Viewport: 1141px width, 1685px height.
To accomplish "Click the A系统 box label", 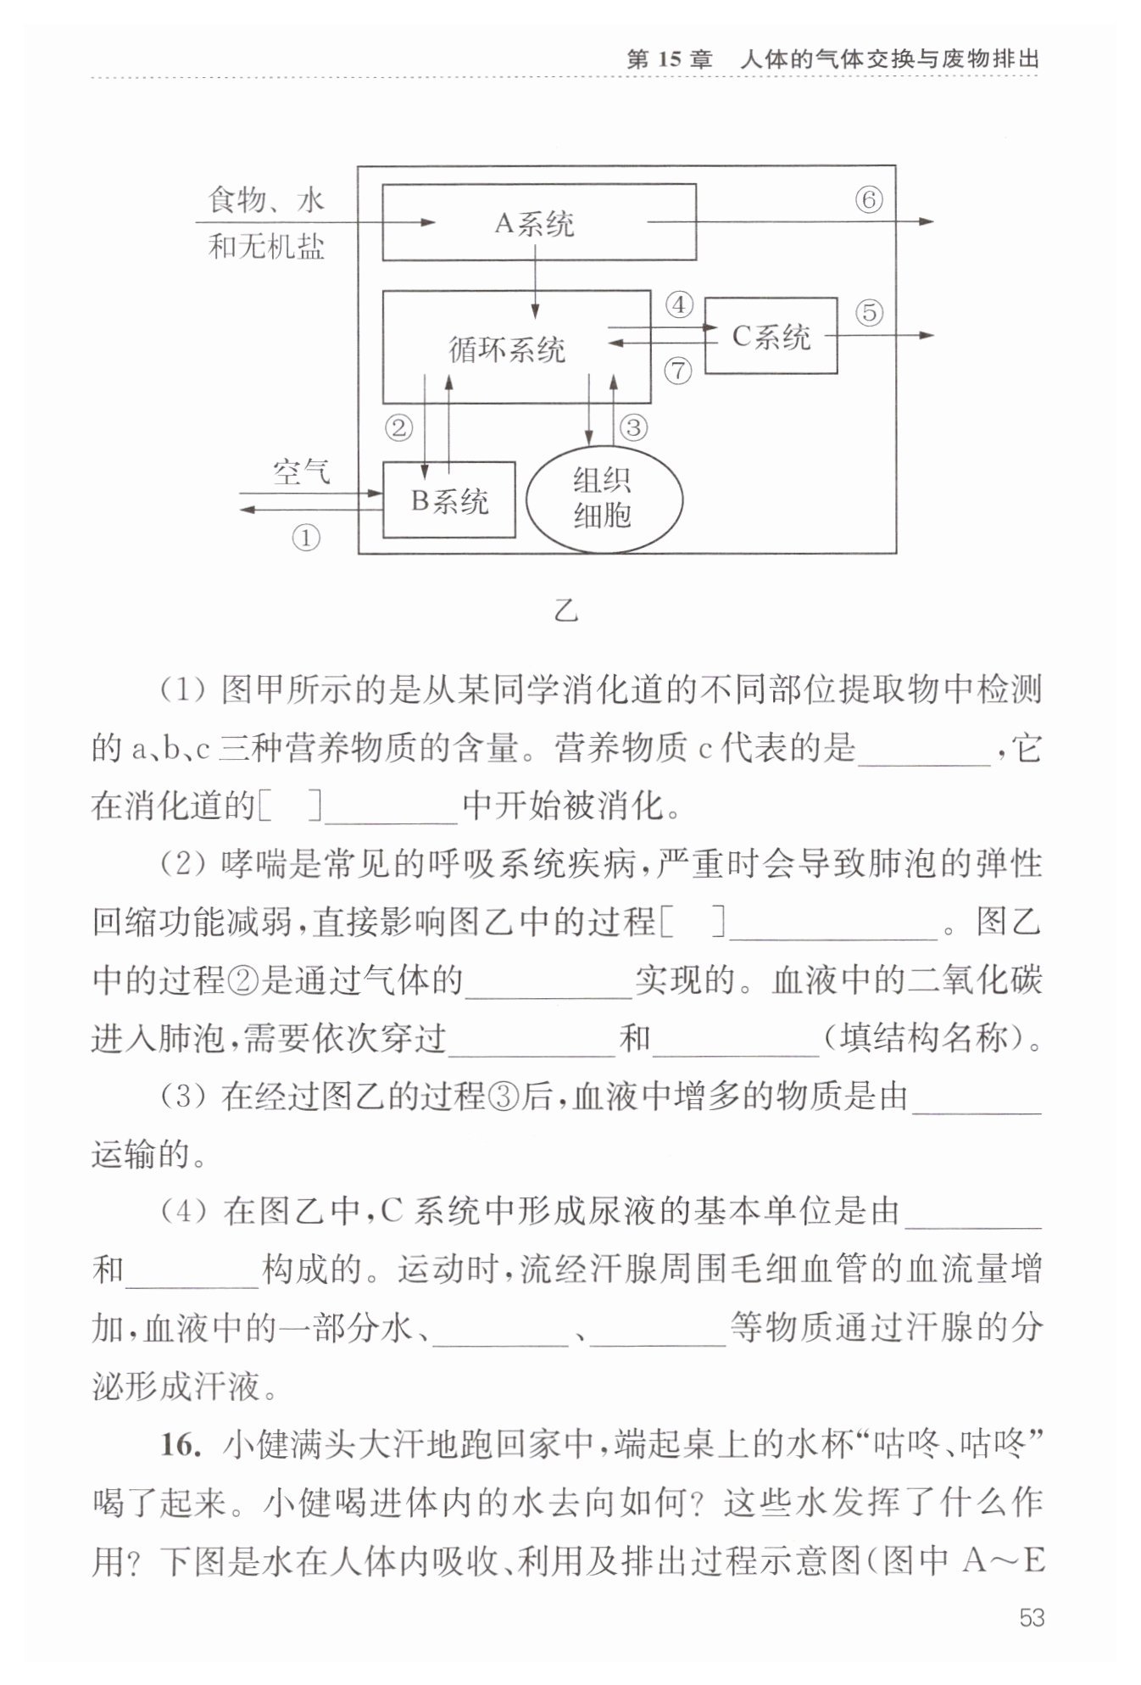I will (534, 223).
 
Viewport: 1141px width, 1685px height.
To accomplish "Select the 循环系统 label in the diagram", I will (507, 349).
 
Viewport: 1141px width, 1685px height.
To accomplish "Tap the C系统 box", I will (771, 337).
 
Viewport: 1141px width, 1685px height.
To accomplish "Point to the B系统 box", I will (449, 500).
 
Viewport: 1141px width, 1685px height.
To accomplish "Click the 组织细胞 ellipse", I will (604, 499).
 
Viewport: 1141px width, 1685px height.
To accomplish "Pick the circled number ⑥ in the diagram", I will (868, 200).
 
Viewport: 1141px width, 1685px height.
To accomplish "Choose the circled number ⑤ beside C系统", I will (868, 313).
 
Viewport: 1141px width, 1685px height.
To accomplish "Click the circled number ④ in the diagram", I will (678, 304).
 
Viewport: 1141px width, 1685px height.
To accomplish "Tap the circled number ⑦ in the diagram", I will (678, 370).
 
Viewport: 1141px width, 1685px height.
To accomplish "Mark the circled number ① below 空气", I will (306, 538).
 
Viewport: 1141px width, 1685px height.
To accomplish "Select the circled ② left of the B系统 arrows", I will (398, 427).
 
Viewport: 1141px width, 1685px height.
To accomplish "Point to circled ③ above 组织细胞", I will (633, 427).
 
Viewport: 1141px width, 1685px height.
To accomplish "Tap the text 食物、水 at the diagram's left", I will (266, 201).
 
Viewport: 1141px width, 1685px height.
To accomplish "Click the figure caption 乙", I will (565, 611).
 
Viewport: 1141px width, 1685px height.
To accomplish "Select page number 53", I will (1031, 1618).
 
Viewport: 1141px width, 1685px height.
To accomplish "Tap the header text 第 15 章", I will (669, 59).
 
